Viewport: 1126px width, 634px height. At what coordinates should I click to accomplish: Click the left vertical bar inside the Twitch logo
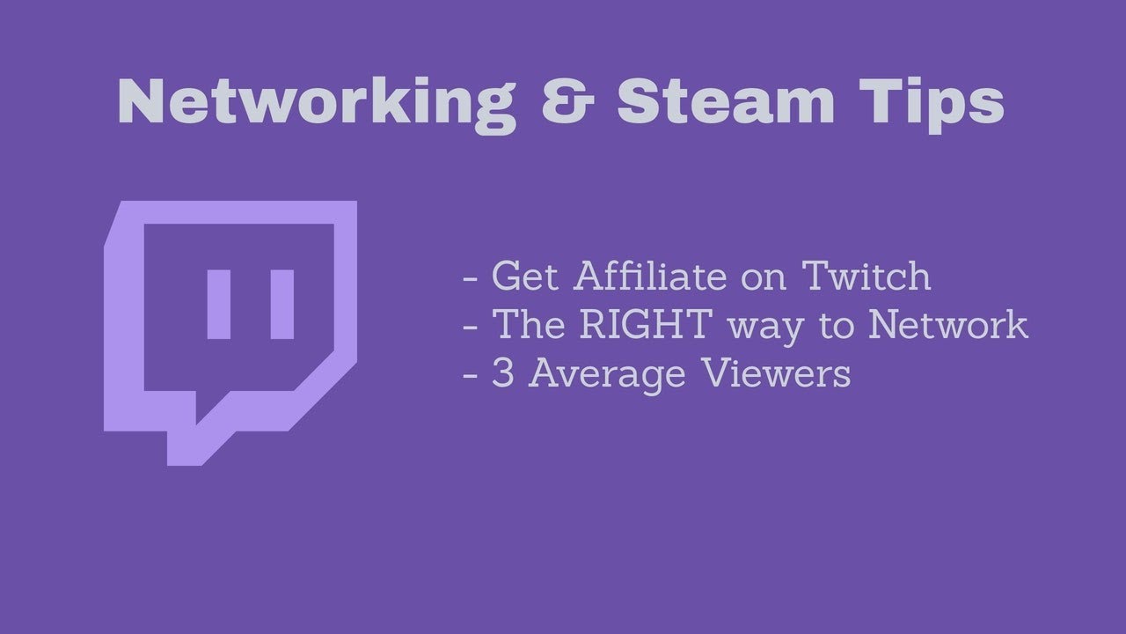click(219, 305)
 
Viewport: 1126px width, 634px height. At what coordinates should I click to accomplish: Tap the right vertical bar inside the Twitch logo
click(281, 305)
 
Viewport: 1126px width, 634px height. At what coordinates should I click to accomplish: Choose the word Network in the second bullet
click(948, 325)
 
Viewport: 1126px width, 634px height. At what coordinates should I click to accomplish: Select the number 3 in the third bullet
click(502, 374)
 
